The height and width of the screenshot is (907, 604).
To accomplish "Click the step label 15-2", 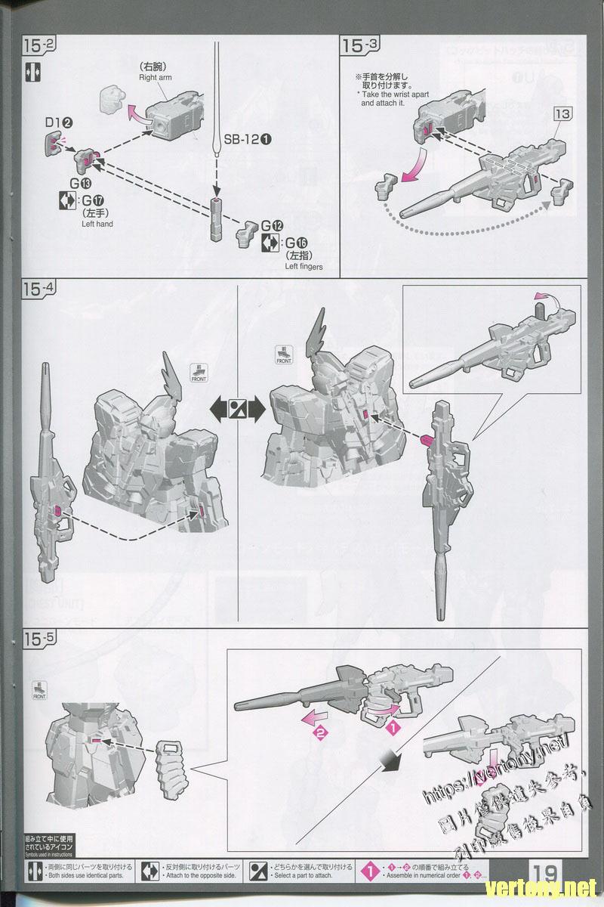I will pyautogui.click(x=39, y=45).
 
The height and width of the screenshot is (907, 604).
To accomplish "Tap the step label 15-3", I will pyautogui.click(x=362, y=45).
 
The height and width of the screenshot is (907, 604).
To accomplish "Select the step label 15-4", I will pyautogui.click(x=39, y=289).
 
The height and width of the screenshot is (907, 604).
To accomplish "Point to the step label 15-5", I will pyautogui.click(x=39, y=638).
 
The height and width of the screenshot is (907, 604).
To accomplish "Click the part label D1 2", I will pyautogui.click(x=57, y=122).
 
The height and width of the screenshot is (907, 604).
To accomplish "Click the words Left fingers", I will pyautogui.click(x=304, y=266).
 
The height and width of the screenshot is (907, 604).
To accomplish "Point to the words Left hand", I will pyautogui.click(x=97, y=224).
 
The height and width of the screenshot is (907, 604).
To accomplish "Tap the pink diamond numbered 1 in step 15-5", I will pyautogui.click(x=392, y=728).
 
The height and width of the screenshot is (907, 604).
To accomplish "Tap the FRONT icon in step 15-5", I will pyautogui.click(x=39, y=691).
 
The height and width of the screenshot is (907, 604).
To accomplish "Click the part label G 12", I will pyautogui.click(x=272, y=226).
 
